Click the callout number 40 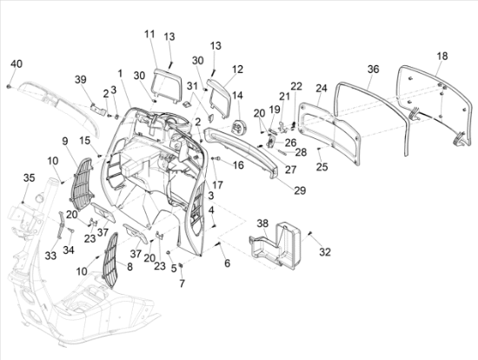tap(17, 63)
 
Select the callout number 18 tap(442, 56)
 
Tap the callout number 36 tap(373, 70)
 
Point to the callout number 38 tap(262, 223)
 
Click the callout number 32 tap(325, 252)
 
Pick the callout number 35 tap(30, 177)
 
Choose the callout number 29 tap(300, 190)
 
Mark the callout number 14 tap(237, 96)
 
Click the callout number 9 tap(65, 141)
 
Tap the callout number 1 tap(120, 73)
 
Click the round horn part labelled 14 tap(239, 127)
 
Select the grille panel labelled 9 tap(83, 184)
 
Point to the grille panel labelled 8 tap(110, 260)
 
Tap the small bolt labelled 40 tap(8, 87)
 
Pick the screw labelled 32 tap(309, 233)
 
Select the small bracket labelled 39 tap(98, 109)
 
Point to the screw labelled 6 tap(218, 243)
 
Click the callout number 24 tap(322, 88)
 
